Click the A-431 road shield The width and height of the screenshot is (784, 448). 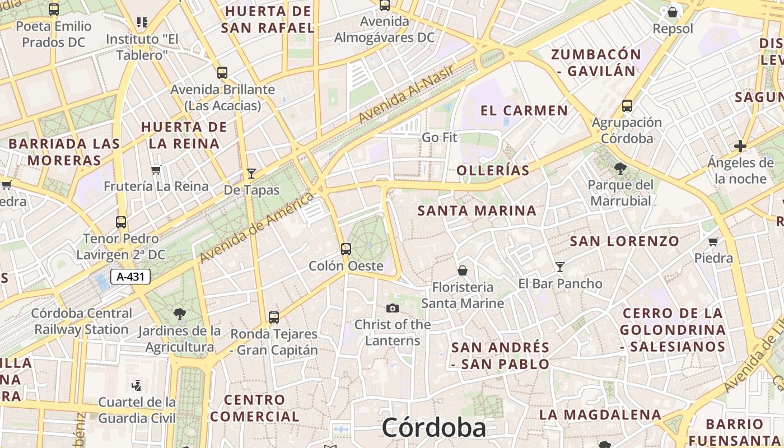[130, 276]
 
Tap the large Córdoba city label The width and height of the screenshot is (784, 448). [434, 428]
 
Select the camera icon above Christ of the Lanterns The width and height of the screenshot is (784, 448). [393, 308]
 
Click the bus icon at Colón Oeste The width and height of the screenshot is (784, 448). [346, 249]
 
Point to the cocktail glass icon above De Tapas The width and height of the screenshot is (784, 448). [251, 174]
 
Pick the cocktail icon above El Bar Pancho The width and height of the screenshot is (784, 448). [559, 267]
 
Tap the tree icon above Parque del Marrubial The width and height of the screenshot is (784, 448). [620, 168]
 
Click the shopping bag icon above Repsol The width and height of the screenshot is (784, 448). [673, 12]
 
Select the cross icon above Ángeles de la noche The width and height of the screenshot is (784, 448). [740, 146]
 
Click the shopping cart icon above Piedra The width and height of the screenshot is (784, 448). [713, 242]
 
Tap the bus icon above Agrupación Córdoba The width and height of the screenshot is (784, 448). [627, 105]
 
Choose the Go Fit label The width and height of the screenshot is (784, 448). [440, 137]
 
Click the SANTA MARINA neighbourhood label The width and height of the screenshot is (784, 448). [477, 211]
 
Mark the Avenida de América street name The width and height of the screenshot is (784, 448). [256, 227]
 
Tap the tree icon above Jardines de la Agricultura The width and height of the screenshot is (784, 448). [179, 314]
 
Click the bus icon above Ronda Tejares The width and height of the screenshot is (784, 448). [274, 318]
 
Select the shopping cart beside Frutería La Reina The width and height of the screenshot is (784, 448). [156, 170]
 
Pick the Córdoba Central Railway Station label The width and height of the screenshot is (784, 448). [82, 321]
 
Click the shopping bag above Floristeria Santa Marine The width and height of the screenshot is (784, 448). [463, 271]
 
